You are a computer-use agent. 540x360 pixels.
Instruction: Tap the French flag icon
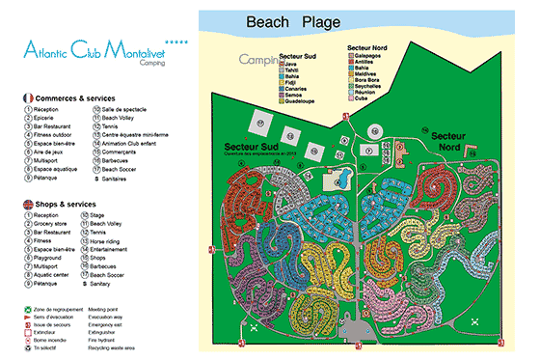(x=26, y=98)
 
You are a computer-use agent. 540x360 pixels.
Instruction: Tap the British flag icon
(x=26, y=204)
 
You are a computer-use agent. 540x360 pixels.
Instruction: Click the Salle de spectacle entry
(x=123, y=110)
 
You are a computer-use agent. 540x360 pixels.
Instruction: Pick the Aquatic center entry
(x=55, y=276)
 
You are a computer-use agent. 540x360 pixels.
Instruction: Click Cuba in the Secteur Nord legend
(x=358, y=97)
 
